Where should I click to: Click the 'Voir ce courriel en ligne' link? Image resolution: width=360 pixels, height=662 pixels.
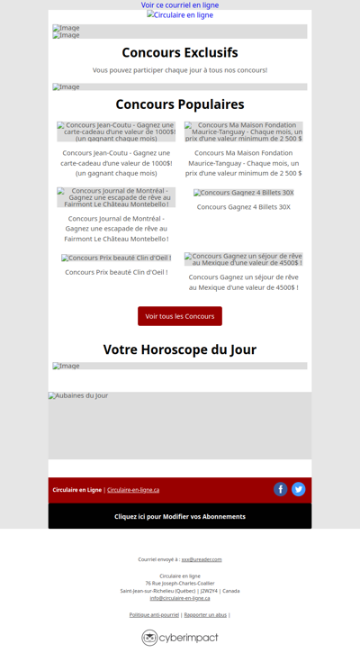pyautogui.click(x=180, y=5)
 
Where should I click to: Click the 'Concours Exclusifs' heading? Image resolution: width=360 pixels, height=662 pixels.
pyautogui.click(x=180, y=52)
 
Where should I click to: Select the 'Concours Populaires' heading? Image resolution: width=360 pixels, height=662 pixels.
pyautogui.click(x=180, y=104)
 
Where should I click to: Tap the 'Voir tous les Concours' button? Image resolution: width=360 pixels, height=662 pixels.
pyautogui.click(x=180, y=316)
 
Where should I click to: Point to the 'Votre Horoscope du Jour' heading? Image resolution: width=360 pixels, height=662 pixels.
pyautogui.click(x=180, y=349)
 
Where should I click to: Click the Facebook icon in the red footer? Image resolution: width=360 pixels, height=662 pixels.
pyautogui.click(x=281, y=489)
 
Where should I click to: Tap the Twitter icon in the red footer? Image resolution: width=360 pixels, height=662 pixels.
pyautogui.click(x=299, y=489)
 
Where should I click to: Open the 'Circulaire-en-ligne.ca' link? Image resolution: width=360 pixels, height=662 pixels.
pyautogui.click(x=133, y=490)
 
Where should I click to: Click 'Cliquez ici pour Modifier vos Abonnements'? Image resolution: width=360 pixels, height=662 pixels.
pyautogui.click(x=180, y=516)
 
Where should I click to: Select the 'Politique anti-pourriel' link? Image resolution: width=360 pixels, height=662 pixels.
pyautogui.click(x=154, y=614)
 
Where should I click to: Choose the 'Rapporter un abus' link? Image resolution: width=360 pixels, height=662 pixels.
pyautogui.click(x=205, y=614)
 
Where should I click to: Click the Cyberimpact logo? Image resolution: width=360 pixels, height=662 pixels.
pyautogui.click(x=180, y=638)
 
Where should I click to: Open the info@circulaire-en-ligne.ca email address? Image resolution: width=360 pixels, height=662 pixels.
pyautogui.click(x=180, y=598)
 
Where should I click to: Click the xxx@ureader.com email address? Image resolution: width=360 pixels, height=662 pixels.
pyautogui.click(x=202, y=559)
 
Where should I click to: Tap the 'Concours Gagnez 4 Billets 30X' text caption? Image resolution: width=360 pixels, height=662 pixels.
pyautogui.click(x=243, y=207)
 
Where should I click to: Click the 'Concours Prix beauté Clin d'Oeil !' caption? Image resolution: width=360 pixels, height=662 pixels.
pyautogui.click(x=116, y=272)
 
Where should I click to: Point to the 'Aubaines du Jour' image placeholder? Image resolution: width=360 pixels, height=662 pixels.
pyautogui.click(x=180, y=425)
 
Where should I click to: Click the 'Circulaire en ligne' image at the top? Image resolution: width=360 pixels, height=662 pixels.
pyautogui.click(x=180, y=15)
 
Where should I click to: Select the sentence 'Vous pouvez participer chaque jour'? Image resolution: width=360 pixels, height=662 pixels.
pyautogui.click(x=180, y=69)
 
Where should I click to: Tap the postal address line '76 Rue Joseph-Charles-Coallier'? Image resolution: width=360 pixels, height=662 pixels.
pyautogui.click(x=180, y=583)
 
